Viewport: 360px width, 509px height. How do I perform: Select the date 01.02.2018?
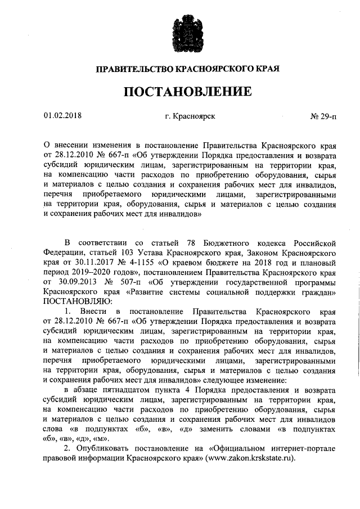click(x=62, y=116)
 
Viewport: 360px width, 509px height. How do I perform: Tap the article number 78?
click(x=186, y=242)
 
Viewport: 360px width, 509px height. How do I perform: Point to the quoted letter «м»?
click(x=101, y=438)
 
